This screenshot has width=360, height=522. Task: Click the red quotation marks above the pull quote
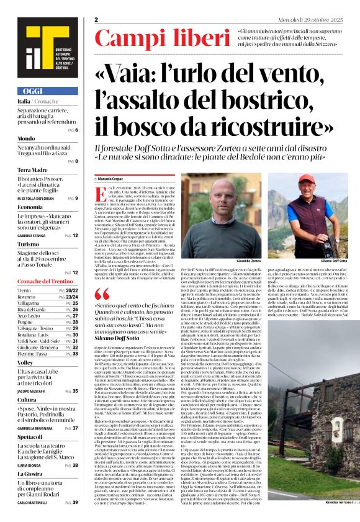tap(103, 292)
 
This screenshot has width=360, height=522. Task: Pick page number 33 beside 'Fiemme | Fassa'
tap(74, 354)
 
